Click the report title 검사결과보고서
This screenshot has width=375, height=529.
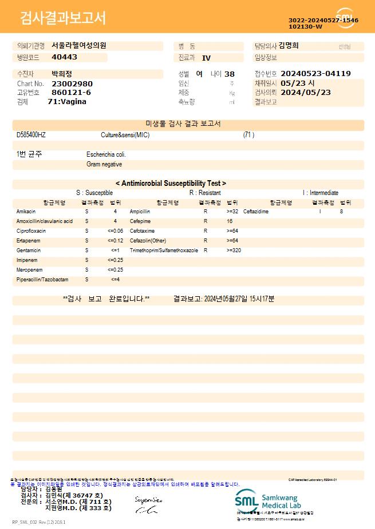coord(63,18)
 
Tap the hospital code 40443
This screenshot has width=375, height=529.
coord(64,57)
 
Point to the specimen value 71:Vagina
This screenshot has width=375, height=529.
coord(67,102)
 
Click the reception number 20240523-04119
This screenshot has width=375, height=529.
coord(315,74)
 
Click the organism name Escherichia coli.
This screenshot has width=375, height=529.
coord(106,154)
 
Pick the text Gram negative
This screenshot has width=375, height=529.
coord(104,164)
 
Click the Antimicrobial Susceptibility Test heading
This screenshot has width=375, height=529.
coord(171,184)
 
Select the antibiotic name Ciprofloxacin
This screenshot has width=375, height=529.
coord(31,230)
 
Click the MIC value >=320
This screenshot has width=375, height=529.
coord(234,250)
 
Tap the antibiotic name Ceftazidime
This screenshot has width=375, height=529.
coord(256,212)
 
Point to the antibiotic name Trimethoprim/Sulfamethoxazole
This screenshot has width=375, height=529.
coord(164,250)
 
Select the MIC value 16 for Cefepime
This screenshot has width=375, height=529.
coord(230,221)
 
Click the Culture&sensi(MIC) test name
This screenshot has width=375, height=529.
coord(125,135)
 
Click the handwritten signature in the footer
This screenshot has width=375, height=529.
coord(148,504)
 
